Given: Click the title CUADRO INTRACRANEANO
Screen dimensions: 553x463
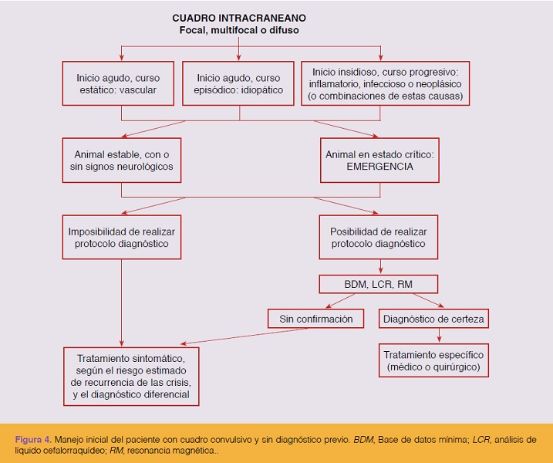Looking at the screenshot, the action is pos(239,18).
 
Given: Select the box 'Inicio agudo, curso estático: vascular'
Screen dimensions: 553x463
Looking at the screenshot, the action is pos(118,83).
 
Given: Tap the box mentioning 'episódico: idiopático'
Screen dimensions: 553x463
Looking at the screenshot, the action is pos(238,83).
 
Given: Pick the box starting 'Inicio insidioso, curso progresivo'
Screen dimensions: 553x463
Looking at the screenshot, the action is pos(385,83).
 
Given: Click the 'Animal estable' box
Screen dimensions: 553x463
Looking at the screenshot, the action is pos(122,161).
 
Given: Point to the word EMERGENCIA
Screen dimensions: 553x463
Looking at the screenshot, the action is pos(379,167).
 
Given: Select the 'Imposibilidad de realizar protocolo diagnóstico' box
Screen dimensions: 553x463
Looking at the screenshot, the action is pos(122,237).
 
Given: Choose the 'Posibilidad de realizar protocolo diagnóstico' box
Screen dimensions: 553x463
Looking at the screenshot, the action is pos(379,237).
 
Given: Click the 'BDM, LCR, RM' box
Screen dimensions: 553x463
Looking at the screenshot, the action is pos(379,284).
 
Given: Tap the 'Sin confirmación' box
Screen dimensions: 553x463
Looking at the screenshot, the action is pos(315,319).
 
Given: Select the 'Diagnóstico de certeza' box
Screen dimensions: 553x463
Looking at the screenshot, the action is pos(433,319).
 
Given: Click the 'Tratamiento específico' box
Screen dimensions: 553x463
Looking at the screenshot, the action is pos(433,360).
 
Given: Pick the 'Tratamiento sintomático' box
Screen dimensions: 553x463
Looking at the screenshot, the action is pos(131,377).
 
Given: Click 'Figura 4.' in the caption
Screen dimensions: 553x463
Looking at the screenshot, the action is pos(33,439).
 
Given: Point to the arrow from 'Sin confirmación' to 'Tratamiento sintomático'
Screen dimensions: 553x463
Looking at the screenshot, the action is pos(244,336).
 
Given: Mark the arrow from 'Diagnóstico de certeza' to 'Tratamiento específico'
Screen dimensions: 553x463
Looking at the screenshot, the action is pos(439,335).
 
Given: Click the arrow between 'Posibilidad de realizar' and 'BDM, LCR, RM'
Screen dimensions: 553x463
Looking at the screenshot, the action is pos(380,267).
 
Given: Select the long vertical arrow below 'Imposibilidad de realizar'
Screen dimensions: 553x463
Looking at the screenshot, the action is pos(121,302).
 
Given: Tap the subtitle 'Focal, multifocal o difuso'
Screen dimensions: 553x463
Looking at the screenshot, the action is pos(239,30).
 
